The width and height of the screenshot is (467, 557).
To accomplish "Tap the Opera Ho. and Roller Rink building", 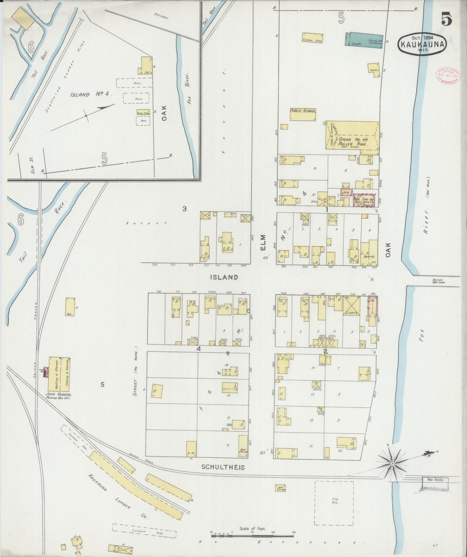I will [x=352, y=135].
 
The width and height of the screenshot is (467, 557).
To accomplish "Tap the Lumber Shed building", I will [x=312, y=38].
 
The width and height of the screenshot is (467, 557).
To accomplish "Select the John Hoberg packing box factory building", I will [x=59, y=374].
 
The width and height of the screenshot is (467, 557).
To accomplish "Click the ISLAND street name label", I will [x=224, y=277].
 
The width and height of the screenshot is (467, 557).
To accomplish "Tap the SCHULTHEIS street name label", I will [x=223, y=467].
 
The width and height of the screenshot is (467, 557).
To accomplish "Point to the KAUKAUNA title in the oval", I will [x=422, y=45].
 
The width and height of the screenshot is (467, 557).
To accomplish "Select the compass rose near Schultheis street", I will [x=392, y=464].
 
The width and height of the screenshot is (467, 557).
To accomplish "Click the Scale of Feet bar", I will [x=253, y=536].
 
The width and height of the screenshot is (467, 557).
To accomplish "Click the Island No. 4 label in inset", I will [x=91, y=94].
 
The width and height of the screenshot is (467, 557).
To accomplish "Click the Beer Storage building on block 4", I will [x=243, y=446].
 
